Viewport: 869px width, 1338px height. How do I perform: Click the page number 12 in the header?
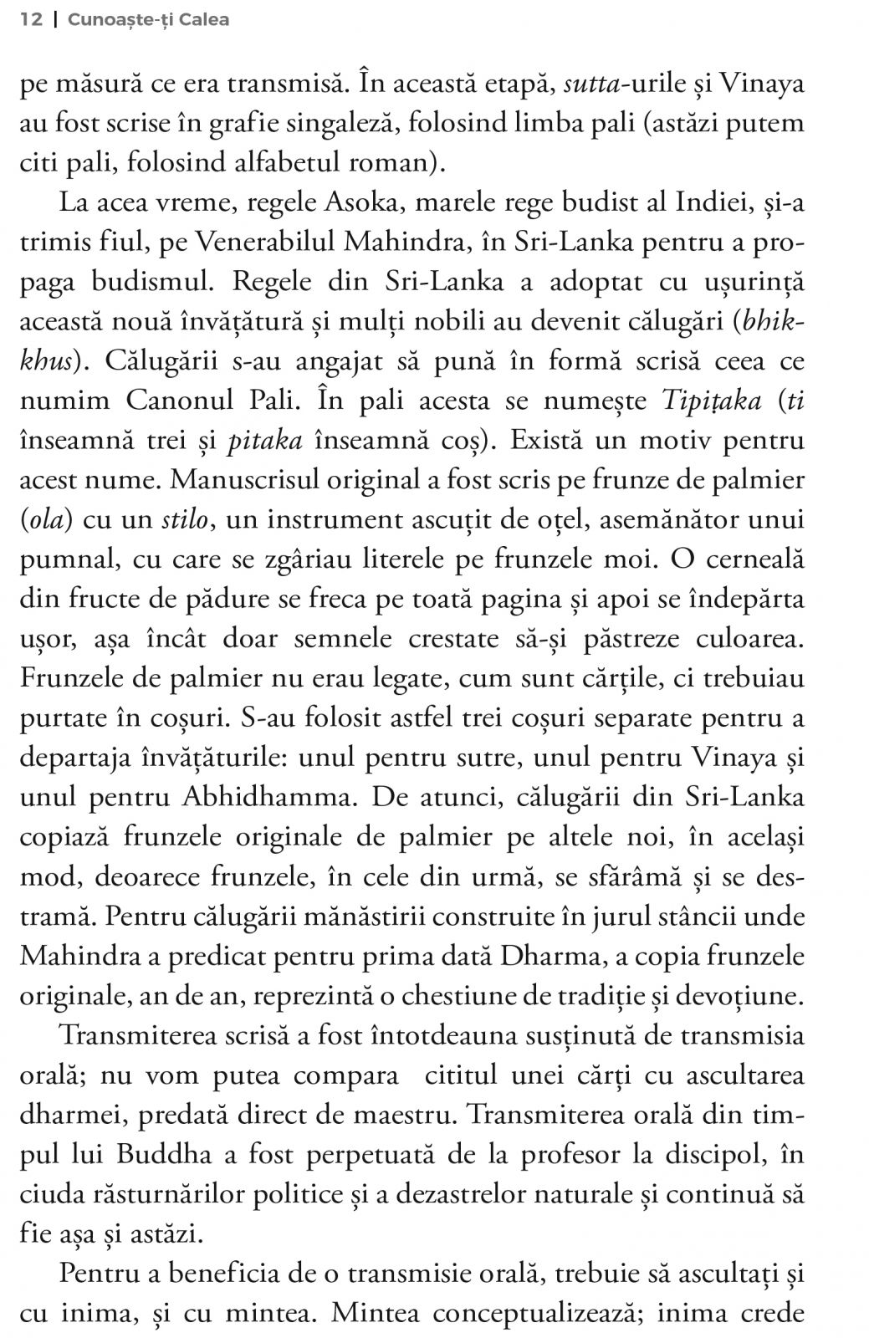(x=30, y=19)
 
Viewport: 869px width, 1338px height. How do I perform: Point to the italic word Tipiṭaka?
(x=712, y=401)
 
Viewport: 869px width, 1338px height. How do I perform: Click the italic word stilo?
(x=184, y=519)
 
